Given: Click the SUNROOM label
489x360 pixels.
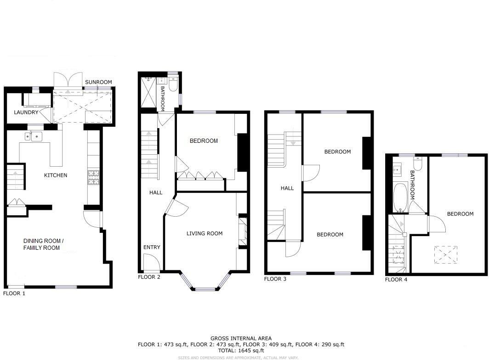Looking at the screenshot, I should [98, 82].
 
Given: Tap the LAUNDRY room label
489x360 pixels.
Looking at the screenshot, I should [25, 112].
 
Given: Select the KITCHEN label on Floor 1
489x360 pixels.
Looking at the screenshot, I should [56, 175].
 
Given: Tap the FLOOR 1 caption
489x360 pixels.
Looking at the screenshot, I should [14, 293].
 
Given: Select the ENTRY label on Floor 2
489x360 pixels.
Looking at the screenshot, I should [152, 247].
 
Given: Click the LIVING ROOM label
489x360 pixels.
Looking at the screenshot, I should [204, 233].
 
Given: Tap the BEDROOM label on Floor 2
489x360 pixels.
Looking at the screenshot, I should [204, 141].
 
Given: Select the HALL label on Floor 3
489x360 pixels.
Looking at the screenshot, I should [287, 188].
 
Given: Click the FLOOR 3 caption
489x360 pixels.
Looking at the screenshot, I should [275, 279].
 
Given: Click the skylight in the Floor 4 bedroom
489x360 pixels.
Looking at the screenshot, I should [446, 253].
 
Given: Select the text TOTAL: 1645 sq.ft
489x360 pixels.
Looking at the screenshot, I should [241, 350].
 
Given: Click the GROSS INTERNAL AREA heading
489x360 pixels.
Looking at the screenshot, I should [241, 338].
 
